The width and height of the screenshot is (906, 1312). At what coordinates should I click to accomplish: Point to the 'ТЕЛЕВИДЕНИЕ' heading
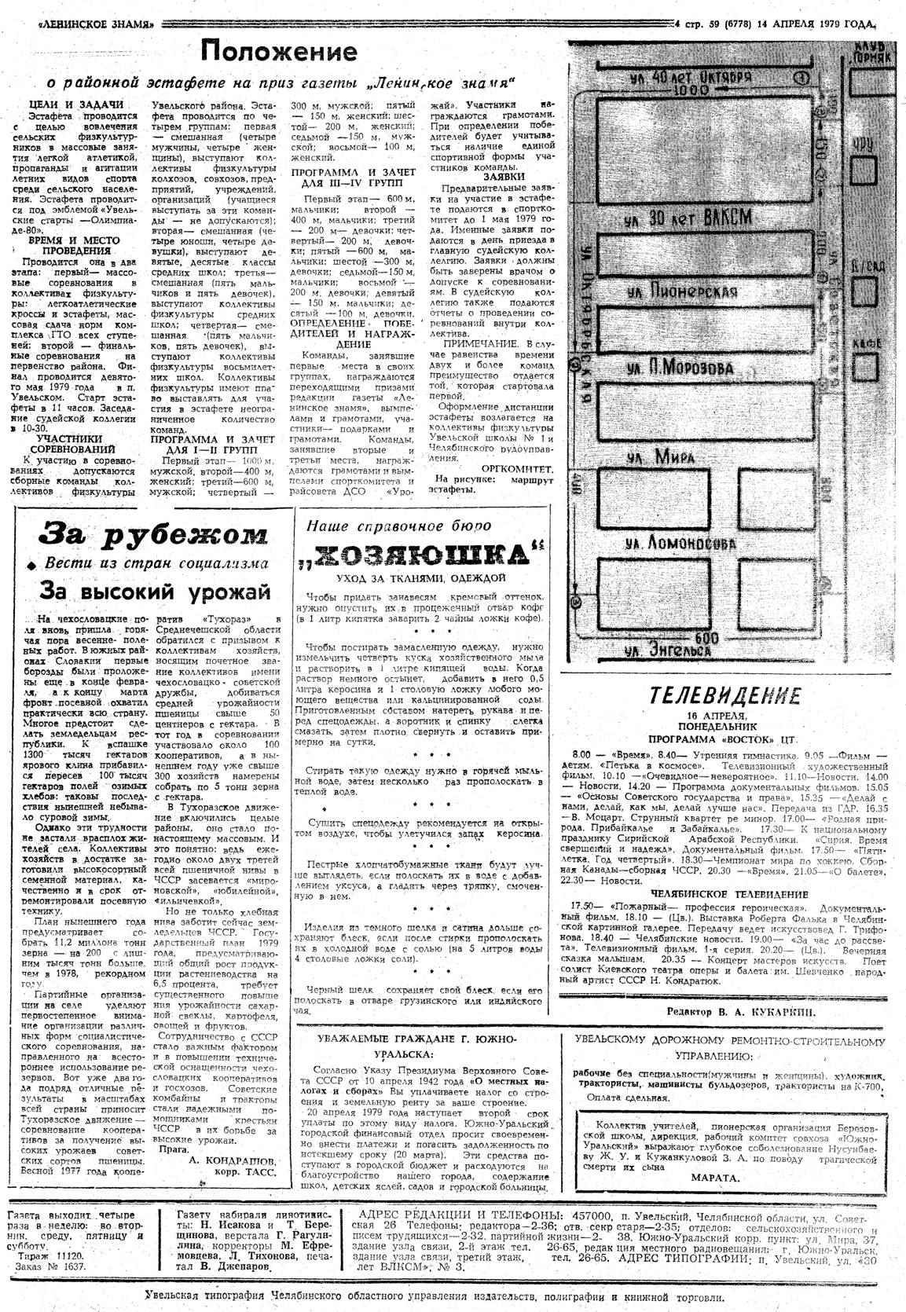(x=724, y=695)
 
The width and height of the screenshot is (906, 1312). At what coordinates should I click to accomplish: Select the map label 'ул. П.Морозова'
(x=680, y=368)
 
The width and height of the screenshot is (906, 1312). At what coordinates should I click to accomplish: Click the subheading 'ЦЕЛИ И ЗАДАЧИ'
(x=75, y=104)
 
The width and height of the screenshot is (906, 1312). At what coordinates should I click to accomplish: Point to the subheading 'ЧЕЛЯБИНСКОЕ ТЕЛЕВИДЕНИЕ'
(x=729, y=893)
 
